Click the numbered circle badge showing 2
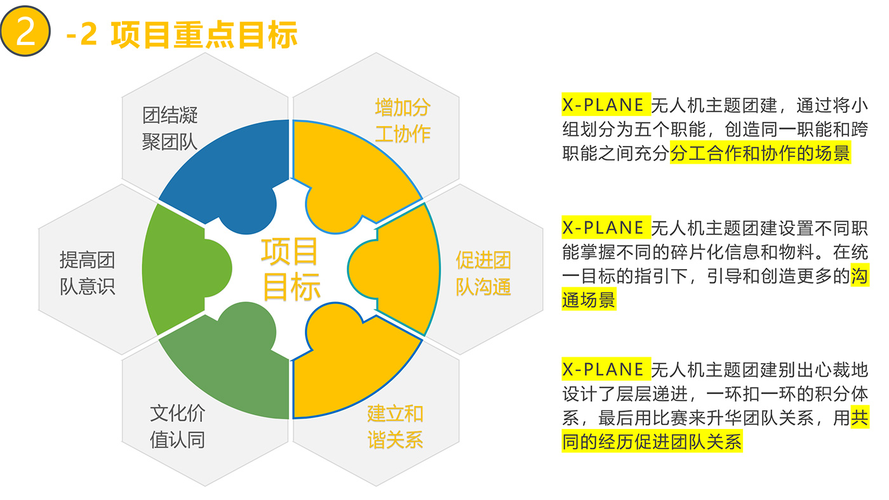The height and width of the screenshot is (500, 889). click(25, 31)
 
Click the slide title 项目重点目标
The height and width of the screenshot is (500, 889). click(204, 35)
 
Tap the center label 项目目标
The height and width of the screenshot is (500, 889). click(291, 269)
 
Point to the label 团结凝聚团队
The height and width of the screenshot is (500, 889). click(170, 128)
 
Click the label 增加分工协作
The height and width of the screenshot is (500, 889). click(403, 121)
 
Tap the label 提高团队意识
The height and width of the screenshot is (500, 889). click(88, 273)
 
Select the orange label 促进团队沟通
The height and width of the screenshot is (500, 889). click(483, 273)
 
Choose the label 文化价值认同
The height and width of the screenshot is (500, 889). click(177, 426)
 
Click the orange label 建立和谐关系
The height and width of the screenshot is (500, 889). click(395, 427)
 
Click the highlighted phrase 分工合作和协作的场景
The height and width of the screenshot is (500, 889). click(760, 153)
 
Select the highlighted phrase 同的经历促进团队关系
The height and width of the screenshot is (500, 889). click(652, 442)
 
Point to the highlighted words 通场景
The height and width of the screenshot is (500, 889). click(589, 299)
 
